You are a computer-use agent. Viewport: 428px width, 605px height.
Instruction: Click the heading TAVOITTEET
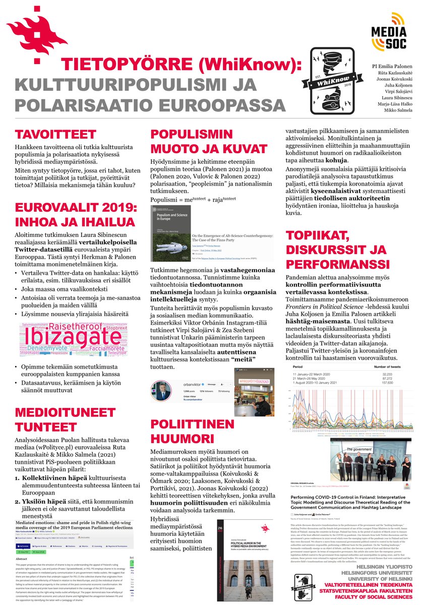55,135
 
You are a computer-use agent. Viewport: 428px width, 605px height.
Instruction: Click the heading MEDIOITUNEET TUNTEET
65,419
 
